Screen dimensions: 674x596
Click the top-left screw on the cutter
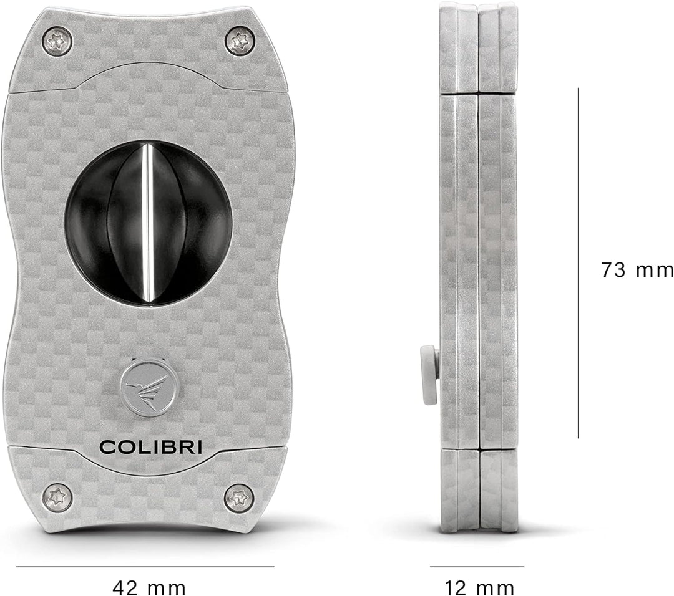57,42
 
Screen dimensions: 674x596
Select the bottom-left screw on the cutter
57,497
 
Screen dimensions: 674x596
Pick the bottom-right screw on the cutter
239,497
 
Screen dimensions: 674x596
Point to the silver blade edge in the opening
149,224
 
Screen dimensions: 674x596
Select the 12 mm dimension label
479,587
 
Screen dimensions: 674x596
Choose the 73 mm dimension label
636,271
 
